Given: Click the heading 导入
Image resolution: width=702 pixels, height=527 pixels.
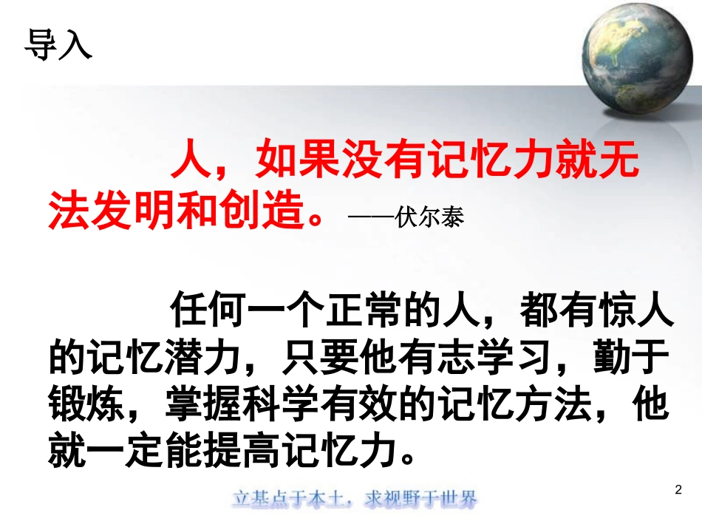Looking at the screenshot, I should point(58,44).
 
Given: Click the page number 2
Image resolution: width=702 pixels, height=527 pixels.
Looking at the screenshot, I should point(679,489).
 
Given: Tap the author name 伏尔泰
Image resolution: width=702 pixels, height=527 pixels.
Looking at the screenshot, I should point(431,220).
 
